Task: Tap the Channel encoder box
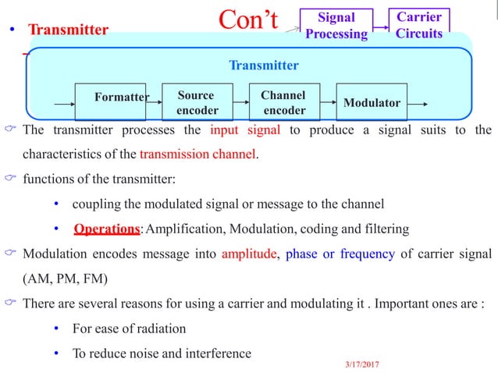tap(283, 102)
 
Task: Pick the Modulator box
tap(372, 102)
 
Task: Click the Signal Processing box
tap(336, 25)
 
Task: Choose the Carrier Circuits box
tap(419, 25)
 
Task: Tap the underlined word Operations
tap(108, 229)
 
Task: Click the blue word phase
tap(302, 254)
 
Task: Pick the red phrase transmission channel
tap(207, 153)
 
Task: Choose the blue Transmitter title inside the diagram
tap(263, 66)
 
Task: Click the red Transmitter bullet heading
tap(69, 30)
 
